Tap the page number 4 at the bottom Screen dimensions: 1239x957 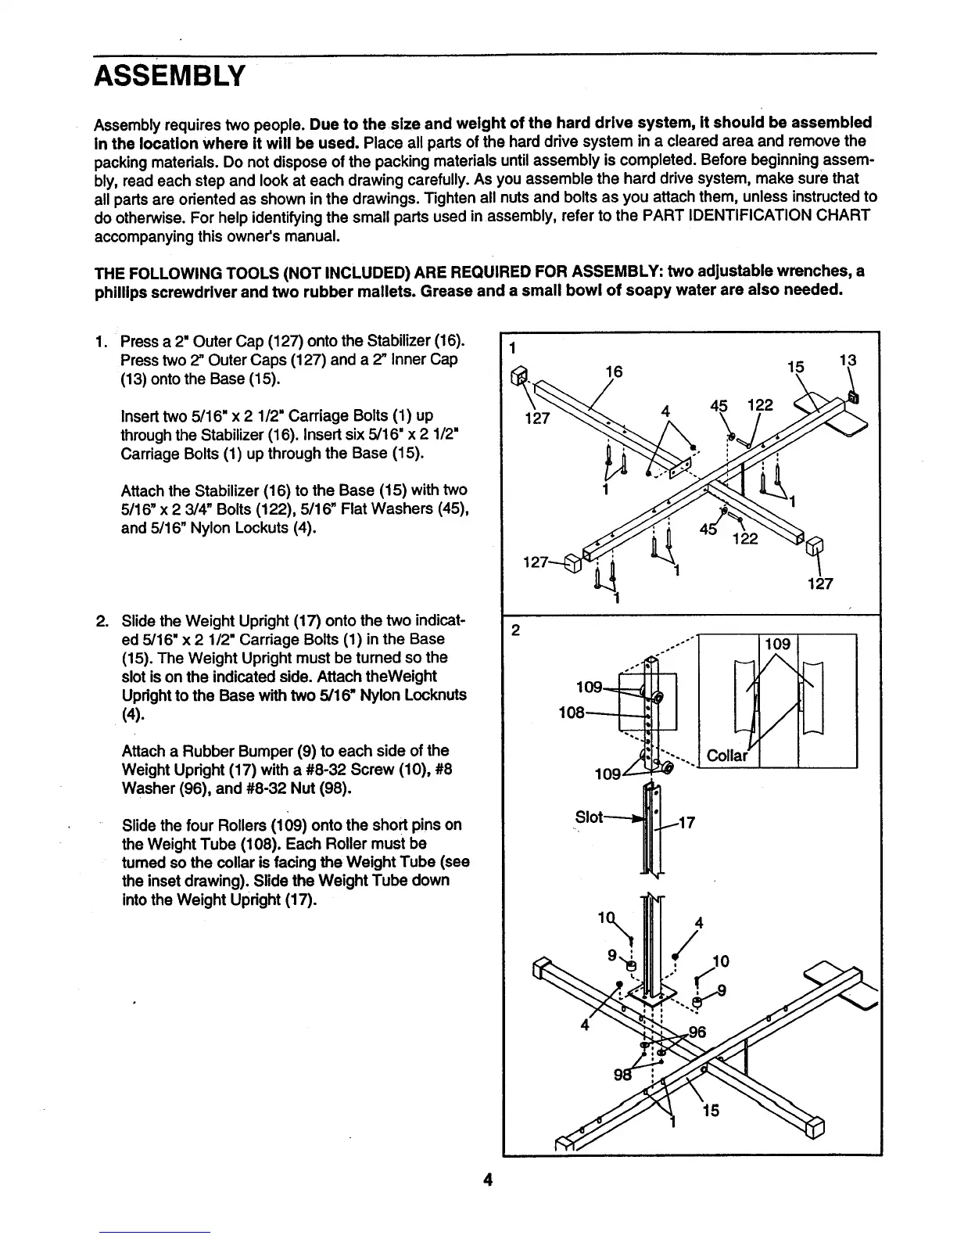[486, 1180]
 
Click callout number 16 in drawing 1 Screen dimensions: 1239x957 [615, 373]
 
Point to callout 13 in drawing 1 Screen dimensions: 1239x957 [848, 361]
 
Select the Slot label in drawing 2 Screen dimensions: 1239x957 [589, 817]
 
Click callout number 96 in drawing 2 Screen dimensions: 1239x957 [697, 1032]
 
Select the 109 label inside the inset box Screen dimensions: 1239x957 [778, 644]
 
